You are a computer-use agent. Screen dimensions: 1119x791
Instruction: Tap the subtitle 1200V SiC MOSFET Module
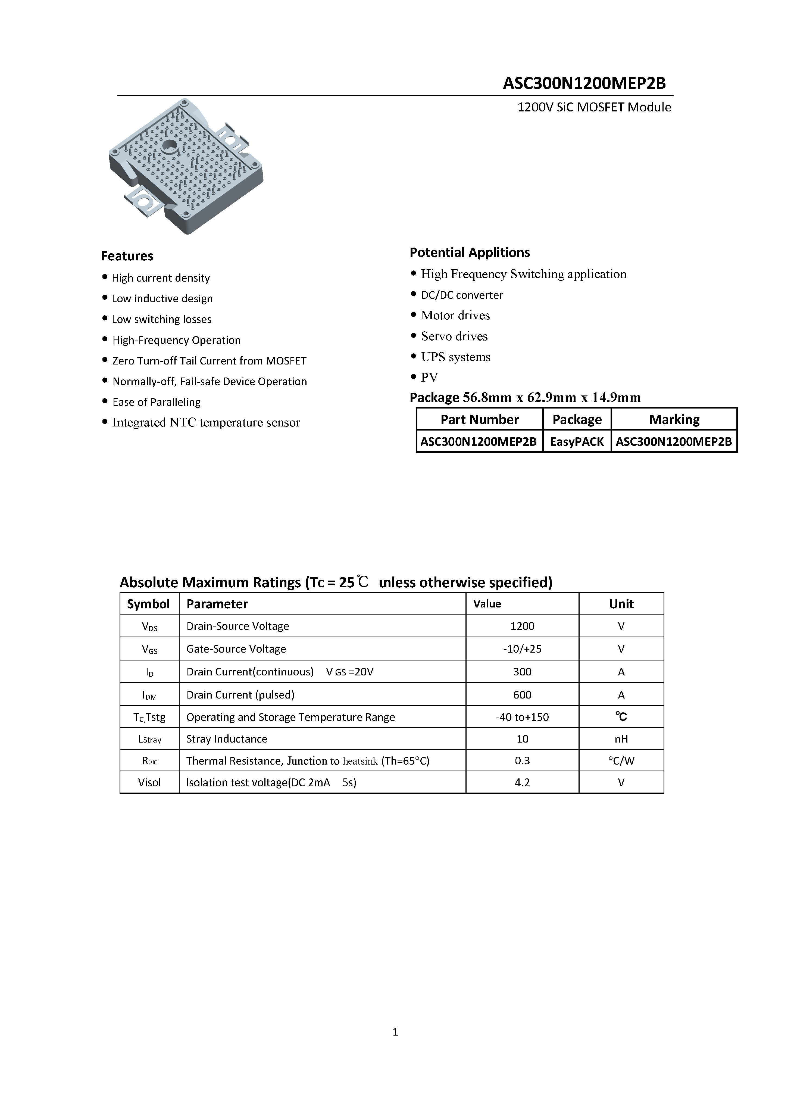click(x=594, y=107)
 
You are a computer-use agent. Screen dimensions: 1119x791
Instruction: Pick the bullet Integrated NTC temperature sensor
click(x=206, y=423)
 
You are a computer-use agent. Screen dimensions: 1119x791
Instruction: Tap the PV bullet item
click(x=429, y=377)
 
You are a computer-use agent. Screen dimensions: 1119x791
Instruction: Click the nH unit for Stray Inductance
click(x=621, y=739)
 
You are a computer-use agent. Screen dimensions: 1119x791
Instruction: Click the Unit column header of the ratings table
click(x=621, y=604)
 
